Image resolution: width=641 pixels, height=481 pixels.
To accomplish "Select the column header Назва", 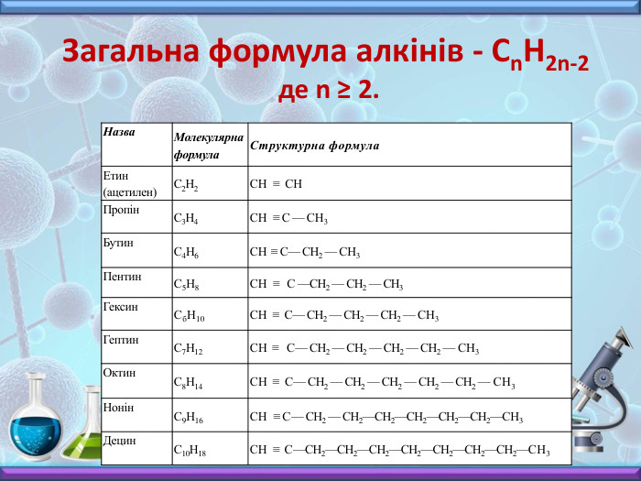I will pos(120,132).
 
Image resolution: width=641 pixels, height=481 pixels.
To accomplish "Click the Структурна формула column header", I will pos(314,146).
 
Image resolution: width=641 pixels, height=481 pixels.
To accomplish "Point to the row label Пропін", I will pos(122,210).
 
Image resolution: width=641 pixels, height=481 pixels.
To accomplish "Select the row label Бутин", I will pos(119,243).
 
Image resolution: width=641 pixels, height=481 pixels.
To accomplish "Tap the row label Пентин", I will pos(123,275).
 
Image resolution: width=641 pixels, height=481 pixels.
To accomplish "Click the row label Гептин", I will pos(122,340).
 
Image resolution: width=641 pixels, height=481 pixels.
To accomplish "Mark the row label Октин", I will pos(120,373).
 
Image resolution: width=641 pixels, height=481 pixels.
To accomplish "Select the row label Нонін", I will pos(119,407).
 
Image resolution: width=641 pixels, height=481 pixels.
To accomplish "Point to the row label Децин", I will pos(120,440).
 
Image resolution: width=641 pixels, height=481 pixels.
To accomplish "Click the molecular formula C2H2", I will pos(186,184).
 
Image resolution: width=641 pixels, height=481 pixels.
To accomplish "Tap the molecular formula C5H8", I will pos(186,284).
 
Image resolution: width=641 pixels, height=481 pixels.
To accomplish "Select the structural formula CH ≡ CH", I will pos(276,184).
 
